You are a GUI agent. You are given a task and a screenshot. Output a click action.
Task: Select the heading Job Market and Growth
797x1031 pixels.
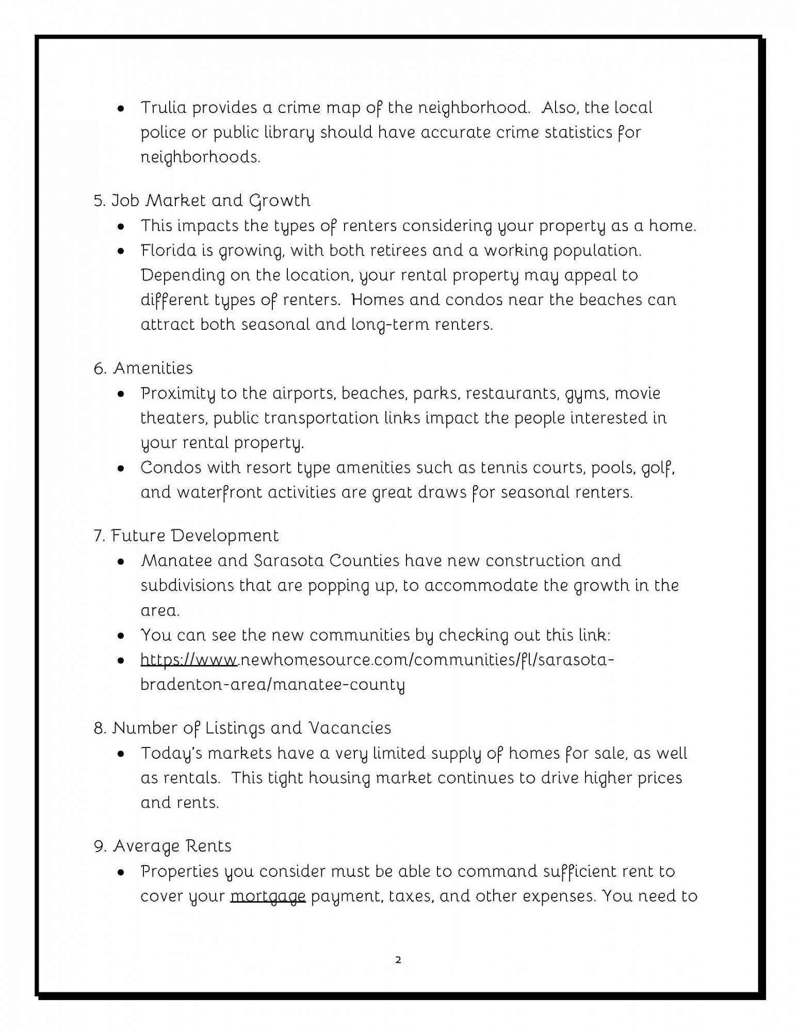(x=202, y=200)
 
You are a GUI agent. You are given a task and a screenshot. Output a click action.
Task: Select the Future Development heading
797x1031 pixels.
(x=186, y=536)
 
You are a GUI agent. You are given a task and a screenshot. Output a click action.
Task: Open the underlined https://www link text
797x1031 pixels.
(x=189, y=660)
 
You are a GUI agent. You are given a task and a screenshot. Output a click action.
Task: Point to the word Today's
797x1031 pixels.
(x=171, y=754)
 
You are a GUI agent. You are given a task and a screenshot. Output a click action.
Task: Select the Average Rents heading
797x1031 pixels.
(x=162, y=846)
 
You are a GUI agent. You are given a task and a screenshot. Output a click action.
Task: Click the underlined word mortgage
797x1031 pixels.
(x=268, y=896)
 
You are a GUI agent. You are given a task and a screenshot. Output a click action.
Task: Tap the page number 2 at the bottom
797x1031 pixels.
(x=398, y=960)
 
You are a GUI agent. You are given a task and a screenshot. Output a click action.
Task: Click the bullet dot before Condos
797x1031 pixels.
(x=121, y=469)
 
